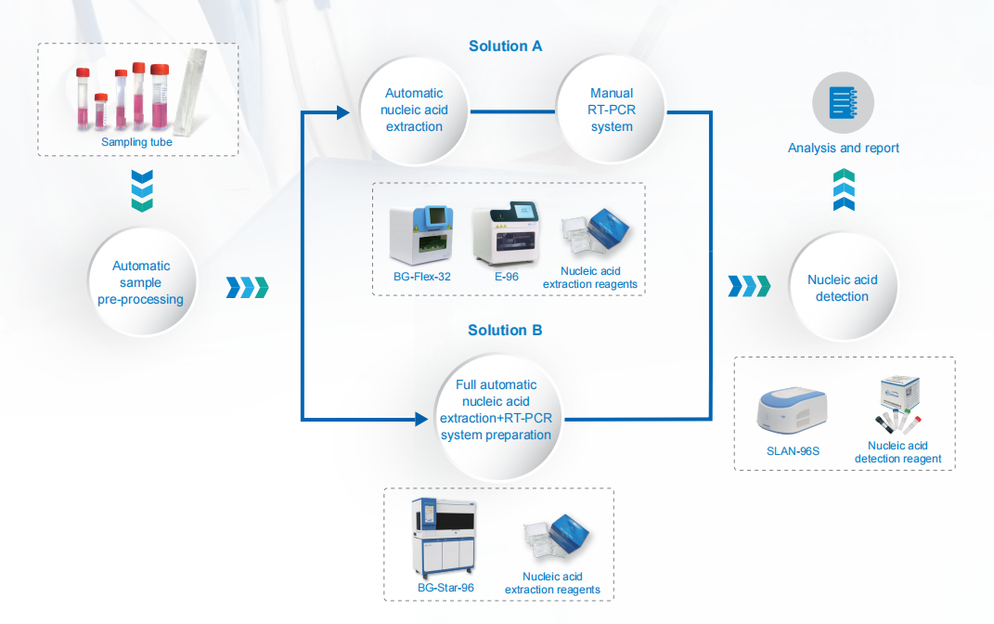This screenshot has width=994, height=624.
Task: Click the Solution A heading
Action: click(505, 46)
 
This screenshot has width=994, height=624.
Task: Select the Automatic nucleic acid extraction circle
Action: click(414, 110)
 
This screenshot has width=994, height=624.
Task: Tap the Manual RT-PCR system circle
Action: click(612, 110)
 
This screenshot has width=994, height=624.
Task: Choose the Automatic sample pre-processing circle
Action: click(141, 282)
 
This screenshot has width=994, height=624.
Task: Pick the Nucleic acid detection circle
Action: click(842, 288)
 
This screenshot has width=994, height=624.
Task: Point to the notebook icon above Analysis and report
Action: click(842, 102)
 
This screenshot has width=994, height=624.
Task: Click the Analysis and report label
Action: click(843, 149)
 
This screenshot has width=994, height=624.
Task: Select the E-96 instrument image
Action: click(507, 236)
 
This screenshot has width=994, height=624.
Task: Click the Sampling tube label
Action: click(137, 142)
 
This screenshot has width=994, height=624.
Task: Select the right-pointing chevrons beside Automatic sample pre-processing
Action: click(247, 288)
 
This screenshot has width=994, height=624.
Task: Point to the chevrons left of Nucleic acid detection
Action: click(749, 284)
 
